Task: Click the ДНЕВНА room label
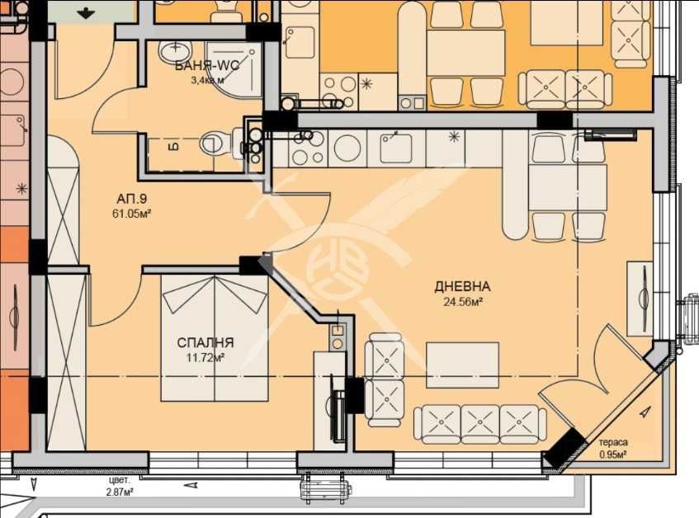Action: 462,286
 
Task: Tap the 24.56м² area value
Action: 463,302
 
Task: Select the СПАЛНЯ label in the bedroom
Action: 205,342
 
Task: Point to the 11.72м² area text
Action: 205,357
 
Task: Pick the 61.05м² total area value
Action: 131,214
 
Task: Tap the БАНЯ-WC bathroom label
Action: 207,66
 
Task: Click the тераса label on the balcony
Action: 613,442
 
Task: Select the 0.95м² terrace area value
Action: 613,454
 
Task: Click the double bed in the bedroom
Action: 215,338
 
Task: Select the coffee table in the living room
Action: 462,365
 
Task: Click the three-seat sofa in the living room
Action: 480,424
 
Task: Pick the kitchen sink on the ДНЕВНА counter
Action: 396,148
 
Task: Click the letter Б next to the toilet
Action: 175,147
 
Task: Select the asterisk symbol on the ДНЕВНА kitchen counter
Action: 454,136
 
